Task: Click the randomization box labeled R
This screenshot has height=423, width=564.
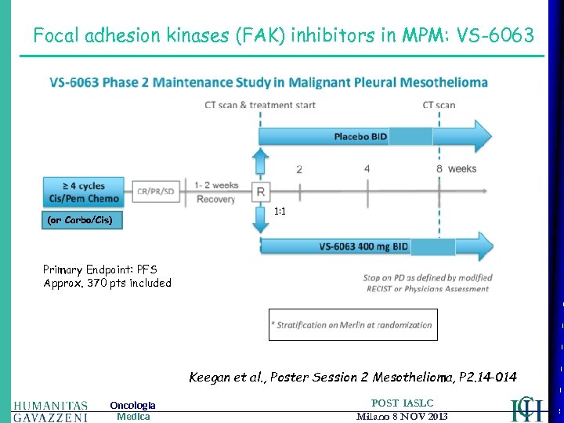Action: (x=260, y=192)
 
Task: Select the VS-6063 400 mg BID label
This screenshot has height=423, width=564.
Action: (x=363, y=247)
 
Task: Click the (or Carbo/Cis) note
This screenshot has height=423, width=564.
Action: (x=80, y=220)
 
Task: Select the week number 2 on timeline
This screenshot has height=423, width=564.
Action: (x=299, y=168)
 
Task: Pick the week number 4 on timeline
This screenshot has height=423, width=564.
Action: (x=367, y=168)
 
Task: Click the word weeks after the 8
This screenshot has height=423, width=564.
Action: (x=462, y=168)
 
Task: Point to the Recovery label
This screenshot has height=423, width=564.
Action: (x=215, y=199)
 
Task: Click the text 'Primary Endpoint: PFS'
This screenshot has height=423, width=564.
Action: (x=99, y=269)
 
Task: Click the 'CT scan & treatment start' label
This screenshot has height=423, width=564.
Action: (x=260, y=105)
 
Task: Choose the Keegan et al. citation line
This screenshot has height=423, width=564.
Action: (x=352, y=377)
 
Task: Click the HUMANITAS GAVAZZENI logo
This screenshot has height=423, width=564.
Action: (x=50, y=410)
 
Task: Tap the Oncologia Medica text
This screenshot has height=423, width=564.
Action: (x=132, y=410)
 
